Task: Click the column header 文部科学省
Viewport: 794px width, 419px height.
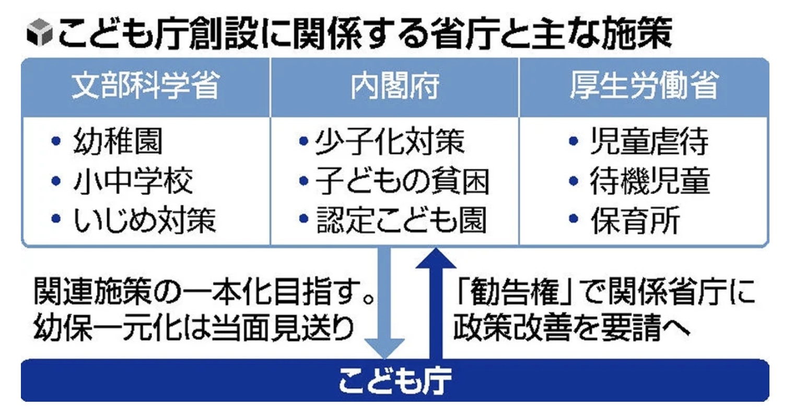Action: click(x=145, y=86)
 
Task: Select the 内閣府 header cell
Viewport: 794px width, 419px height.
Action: click(x=395, y=86)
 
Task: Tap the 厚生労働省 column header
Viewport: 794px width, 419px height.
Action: click(x=644, y=86)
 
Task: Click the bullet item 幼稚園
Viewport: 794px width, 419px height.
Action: click(x=118, y=141)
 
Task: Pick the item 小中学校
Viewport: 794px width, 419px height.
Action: click(x=133, y=180)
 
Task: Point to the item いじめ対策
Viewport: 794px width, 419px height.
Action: click(x=144, y=220)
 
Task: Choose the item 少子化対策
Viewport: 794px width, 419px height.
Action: click(x=390, y=141)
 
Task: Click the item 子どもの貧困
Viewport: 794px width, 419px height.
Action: click(x=402, y=180)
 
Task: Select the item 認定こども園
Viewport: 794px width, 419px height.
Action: click(x=401, y=220)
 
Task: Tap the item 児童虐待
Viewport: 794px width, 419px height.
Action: click(x=649, y=141)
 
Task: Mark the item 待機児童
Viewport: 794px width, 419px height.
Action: click(x=649, y=180)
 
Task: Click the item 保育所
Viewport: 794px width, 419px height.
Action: click(x=635, y=220)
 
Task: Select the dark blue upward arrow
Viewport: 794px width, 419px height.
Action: click(x=436, y=303)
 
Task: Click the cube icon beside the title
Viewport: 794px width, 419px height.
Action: click(x=40, y=32)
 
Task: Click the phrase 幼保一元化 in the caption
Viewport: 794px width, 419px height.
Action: click(x=108, y=328)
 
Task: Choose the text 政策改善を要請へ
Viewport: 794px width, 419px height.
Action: click(x=572, y=328)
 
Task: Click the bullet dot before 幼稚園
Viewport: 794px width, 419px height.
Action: click(x=56, y=141)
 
